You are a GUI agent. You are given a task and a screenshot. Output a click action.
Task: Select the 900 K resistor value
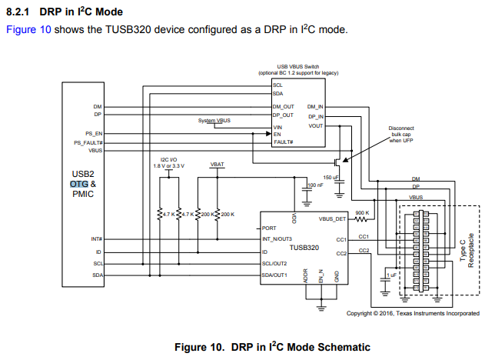coord(363,212)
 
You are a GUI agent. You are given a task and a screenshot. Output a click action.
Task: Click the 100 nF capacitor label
coord(315,185)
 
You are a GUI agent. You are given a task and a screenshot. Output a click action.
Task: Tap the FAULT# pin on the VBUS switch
coord(283,142)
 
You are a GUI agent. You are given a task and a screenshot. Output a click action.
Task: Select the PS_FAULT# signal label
coord(89,142)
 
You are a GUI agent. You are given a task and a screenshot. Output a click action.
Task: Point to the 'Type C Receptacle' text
coord(467,248)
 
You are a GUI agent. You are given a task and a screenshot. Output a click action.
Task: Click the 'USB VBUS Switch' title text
coord(298,68)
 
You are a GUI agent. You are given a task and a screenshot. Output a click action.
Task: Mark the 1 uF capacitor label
coord(392,274)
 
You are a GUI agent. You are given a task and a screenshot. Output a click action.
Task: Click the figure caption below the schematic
coord(272,347)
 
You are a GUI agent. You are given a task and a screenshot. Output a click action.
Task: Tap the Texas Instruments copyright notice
coord(414,313)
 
